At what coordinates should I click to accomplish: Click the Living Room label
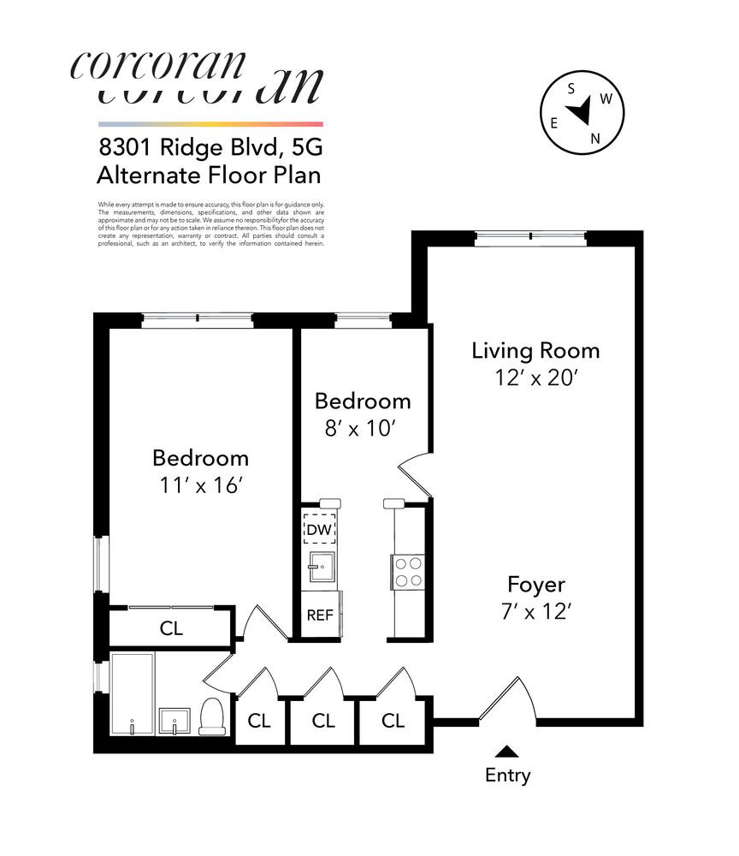pos(535,350)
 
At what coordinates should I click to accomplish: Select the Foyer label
pos(535,585)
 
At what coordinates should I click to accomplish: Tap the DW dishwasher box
pos(318,530)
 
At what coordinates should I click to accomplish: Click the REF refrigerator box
pos(319,615)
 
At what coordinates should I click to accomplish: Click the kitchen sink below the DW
pos(322,567)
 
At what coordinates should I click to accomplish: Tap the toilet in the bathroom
pos(211,716)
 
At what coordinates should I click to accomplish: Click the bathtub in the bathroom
pos(132,693)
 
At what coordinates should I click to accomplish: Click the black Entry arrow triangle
pos(507,752)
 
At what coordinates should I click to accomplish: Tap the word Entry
pos(507,776)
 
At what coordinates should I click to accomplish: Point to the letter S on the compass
pos(571,88)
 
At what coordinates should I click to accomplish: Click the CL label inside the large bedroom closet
pos(171,628)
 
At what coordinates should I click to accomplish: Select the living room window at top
pos(530,237)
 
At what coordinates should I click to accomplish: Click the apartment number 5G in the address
pos(304,147)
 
